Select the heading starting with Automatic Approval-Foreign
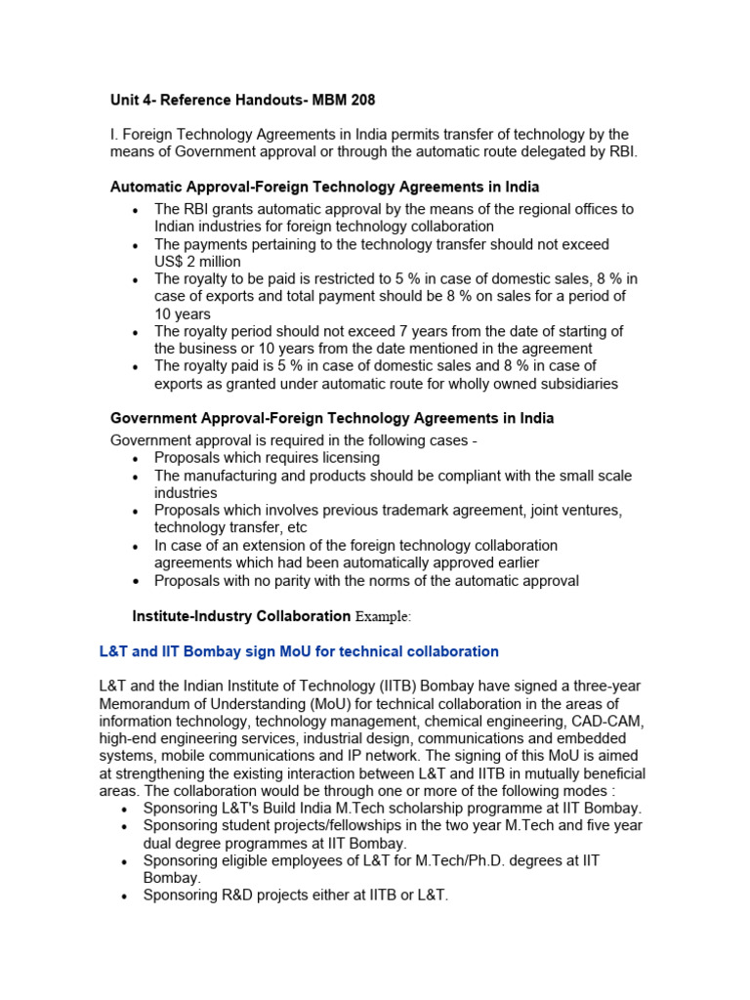324,187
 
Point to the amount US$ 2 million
197,262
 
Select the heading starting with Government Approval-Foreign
332,418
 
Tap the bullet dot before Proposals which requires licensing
135,459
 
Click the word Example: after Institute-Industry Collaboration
383,617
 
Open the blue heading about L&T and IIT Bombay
299,651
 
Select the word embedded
604,739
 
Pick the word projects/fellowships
309,826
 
